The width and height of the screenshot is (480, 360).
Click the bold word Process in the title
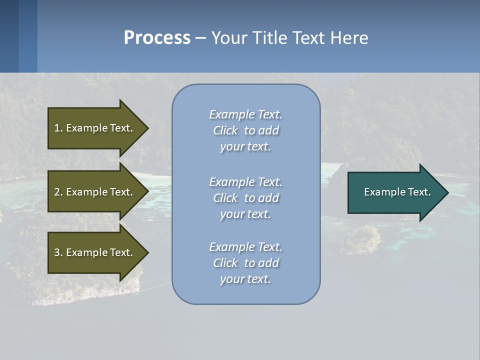(x=157, y=38)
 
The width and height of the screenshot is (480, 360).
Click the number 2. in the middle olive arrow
(x=58, y=192)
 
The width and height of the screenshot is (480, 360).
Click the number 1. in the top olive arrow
(x=58, y=128)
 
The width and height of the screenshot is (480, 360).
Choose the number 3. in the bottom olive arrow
(x=58, y=252)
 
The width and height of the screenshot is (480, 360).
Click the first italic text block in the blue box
(x=245, y=130)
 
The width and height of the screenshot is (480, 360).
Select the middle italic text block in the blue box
(x=245, y=198)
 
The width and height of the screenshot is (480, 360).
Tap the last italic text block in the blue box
(x=245, y=263)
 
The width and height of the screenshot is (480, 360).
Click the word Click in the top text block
(x=225, y=130)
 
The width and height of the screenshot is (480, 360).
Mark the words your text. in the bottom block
(x=245, y=279)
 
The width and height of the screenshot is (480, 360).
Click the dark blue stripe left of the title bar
(x=9, y=36)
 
